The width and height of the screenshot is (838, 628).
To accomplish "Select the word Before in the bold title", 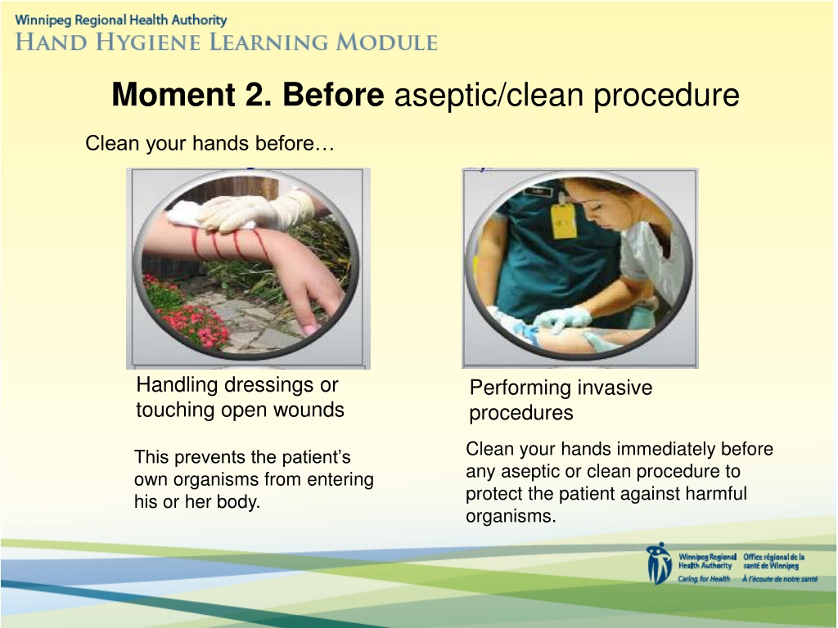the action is click(333, 95).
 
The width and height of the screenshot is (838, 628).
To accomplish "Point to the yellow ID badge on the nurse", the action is click(563, 219).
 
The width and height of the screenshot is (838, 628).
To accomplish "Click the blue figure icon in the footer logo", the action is click(659, 563).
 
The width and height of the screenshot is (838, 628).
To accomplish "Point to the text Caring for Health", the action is click(704, 579).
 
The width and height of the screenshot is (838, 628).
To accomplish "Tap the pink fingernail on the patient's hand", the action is click(310, 330).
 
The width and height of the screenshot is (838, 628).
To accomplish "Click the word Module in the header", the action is click(387, 43).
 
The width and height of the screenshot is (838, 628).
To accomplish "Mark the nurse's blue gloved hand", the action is click(562, 320).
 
